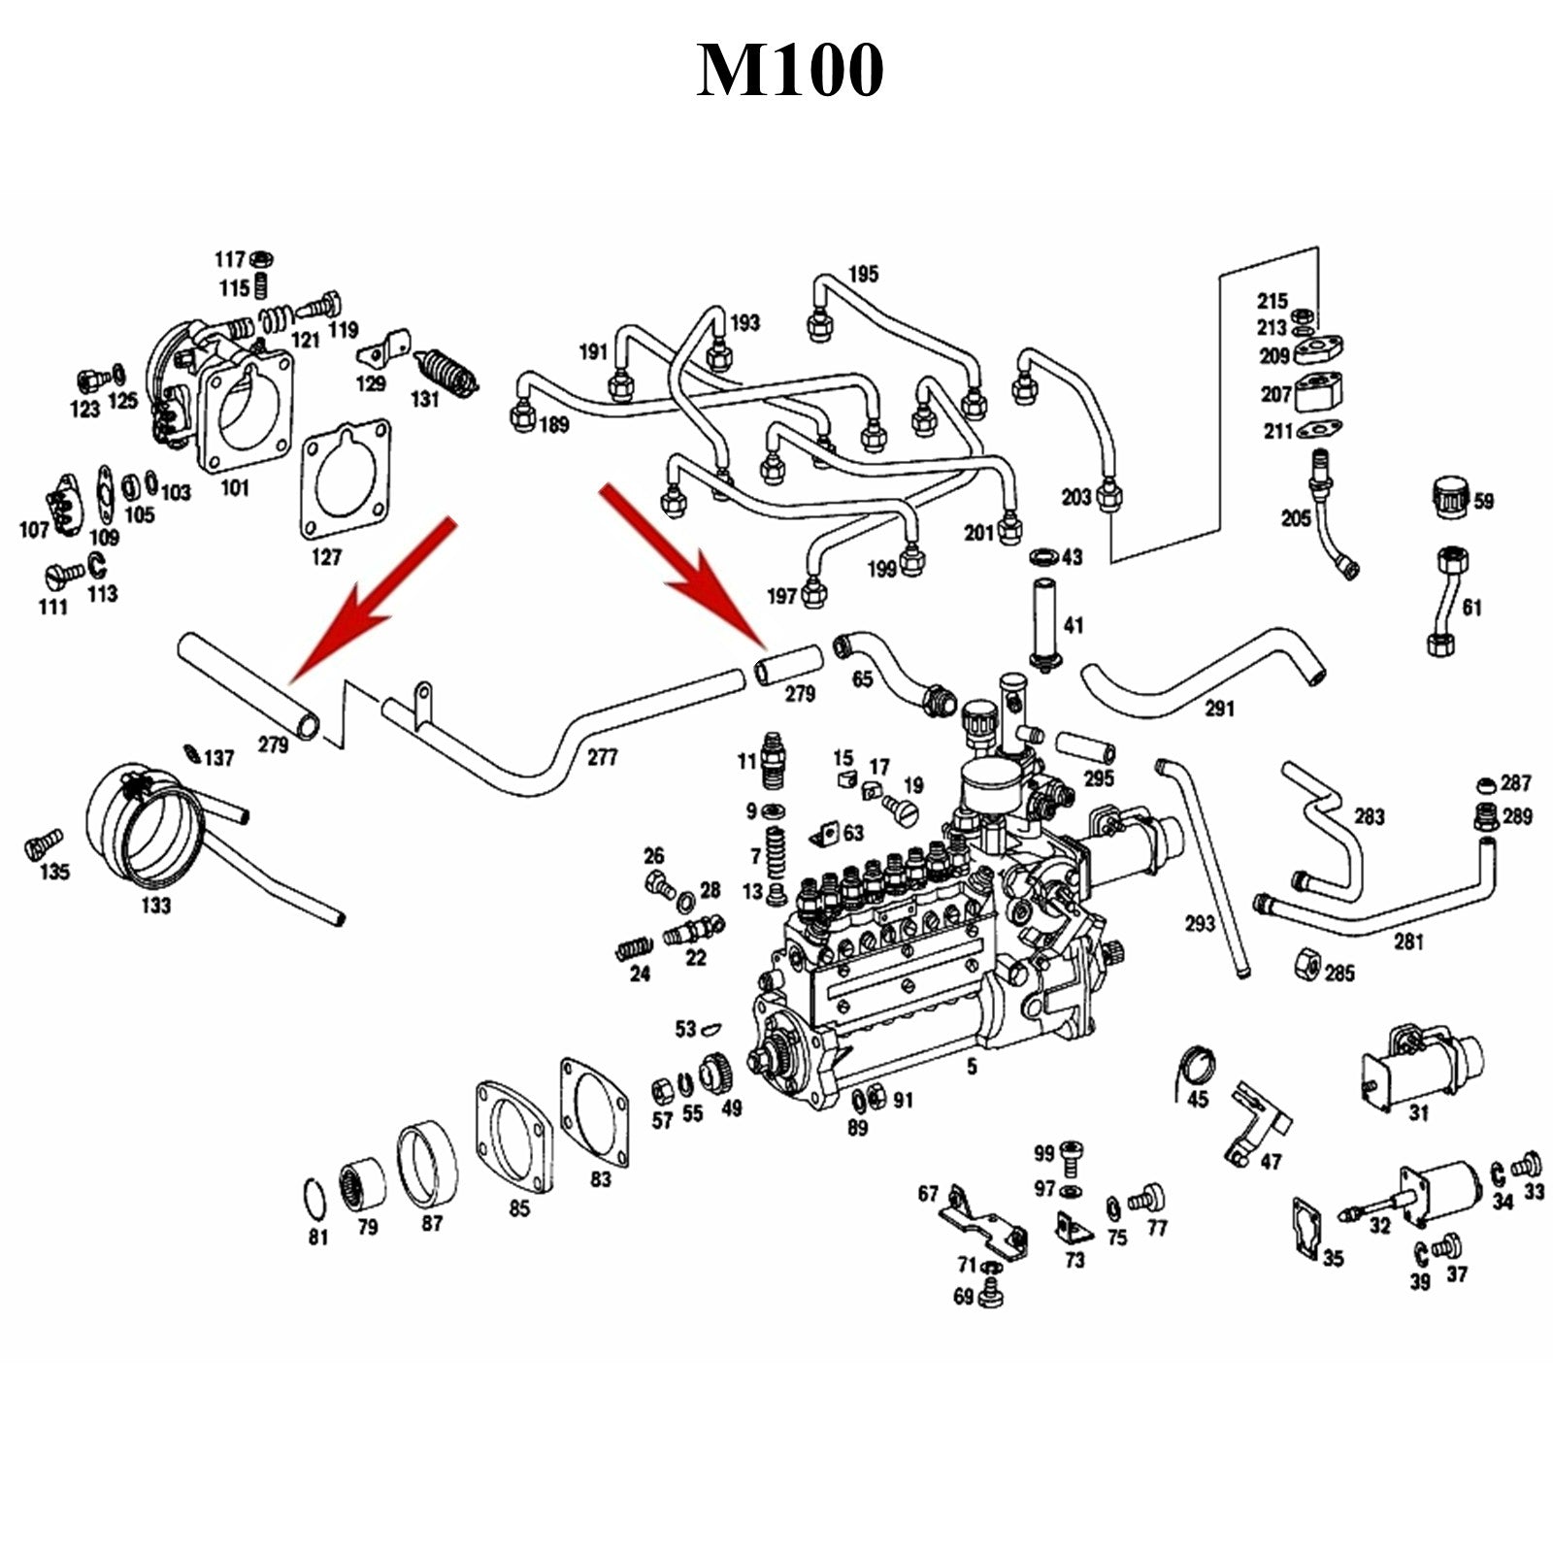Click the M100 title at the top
click(x=790, y=70)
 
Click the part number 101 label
click(x=235, y=487)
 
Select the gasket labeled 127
click(x=346, y=482)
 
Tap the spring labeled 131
click(x=446, y=374)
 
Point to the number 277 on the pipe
click(x=602, y=756)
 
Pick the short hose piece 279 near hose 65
click(x=788, y=666)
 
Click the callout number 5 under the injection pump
click(x=972, y=1068)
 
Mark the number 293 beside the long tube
click(x=1200, y=923)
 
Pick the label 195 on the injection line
click(x=863, y=274)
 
